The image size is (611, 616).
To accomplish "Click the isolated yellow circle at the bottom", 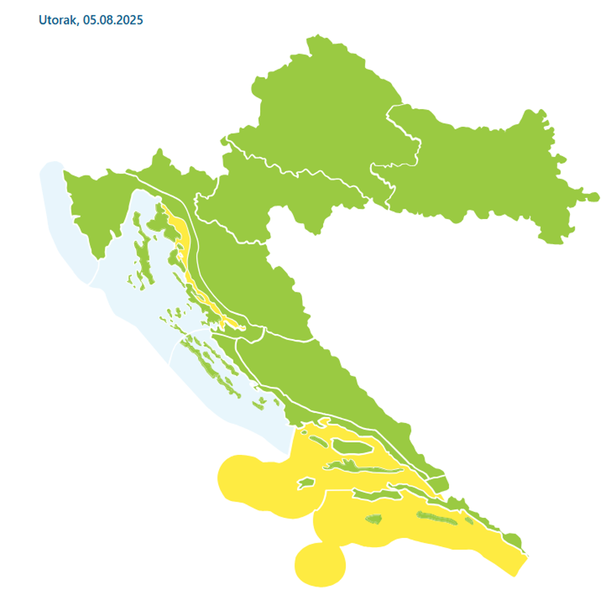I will coord(320,563).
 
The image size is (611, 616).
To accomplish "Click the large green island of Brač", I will coord(351,446).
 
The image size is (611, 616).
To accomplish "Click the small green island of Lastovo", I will coord(373,519).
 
